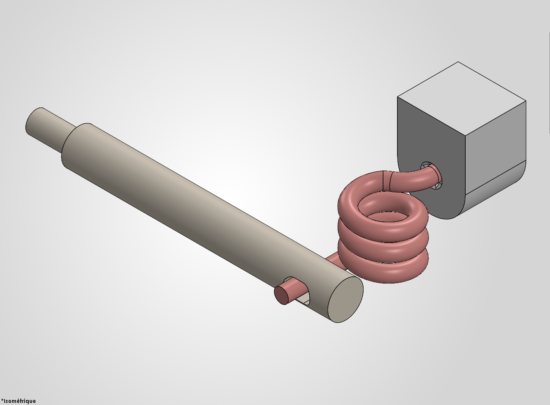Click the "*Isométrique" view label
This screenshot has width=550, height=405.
click(x=18, y=401)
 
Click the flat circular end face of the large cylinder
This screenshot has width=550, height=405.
click(x=345, y=300)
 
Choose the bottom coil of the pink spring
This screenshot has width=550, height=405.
click(x=383, y=267)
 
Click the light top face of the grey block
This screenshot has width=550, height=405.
click(x=461, y=99)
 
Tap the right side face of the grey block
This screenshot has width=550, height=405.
click(x=495, y=147)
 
